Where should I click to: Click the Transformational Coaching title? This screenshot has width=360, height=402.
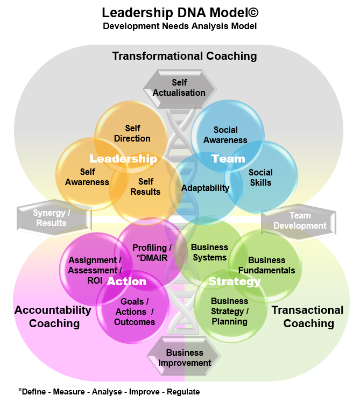184,56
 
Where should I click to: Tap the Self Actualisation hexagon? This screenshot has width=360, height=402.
179,88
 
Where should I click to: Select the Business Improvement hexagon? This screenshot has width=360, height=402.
185,358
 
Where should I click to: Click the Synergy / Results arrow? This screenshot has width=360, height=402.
52,218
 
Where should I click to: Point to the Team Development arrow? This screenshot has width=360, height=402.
300,221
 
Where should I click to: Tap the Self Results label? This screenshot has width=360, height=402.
145,187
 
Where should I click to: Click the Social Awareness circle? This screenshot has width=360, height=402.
226,135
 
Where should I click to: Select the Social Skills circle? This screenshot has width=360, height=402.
261,178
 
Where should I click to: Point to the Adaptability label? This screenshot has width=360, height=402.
205,188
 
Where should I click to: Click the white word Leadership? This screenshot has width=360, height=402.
123,159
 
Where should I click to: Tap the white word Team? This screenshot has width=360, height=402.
228,159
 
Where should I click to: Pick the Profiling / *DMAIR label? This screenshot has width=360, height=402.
152,253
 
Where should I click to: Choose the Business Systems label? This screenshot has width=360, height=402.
209,252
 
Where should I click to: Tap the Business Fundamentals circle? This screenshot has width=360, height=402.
267,265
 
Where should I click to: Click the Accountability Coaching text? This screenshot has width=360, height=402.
53,316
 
